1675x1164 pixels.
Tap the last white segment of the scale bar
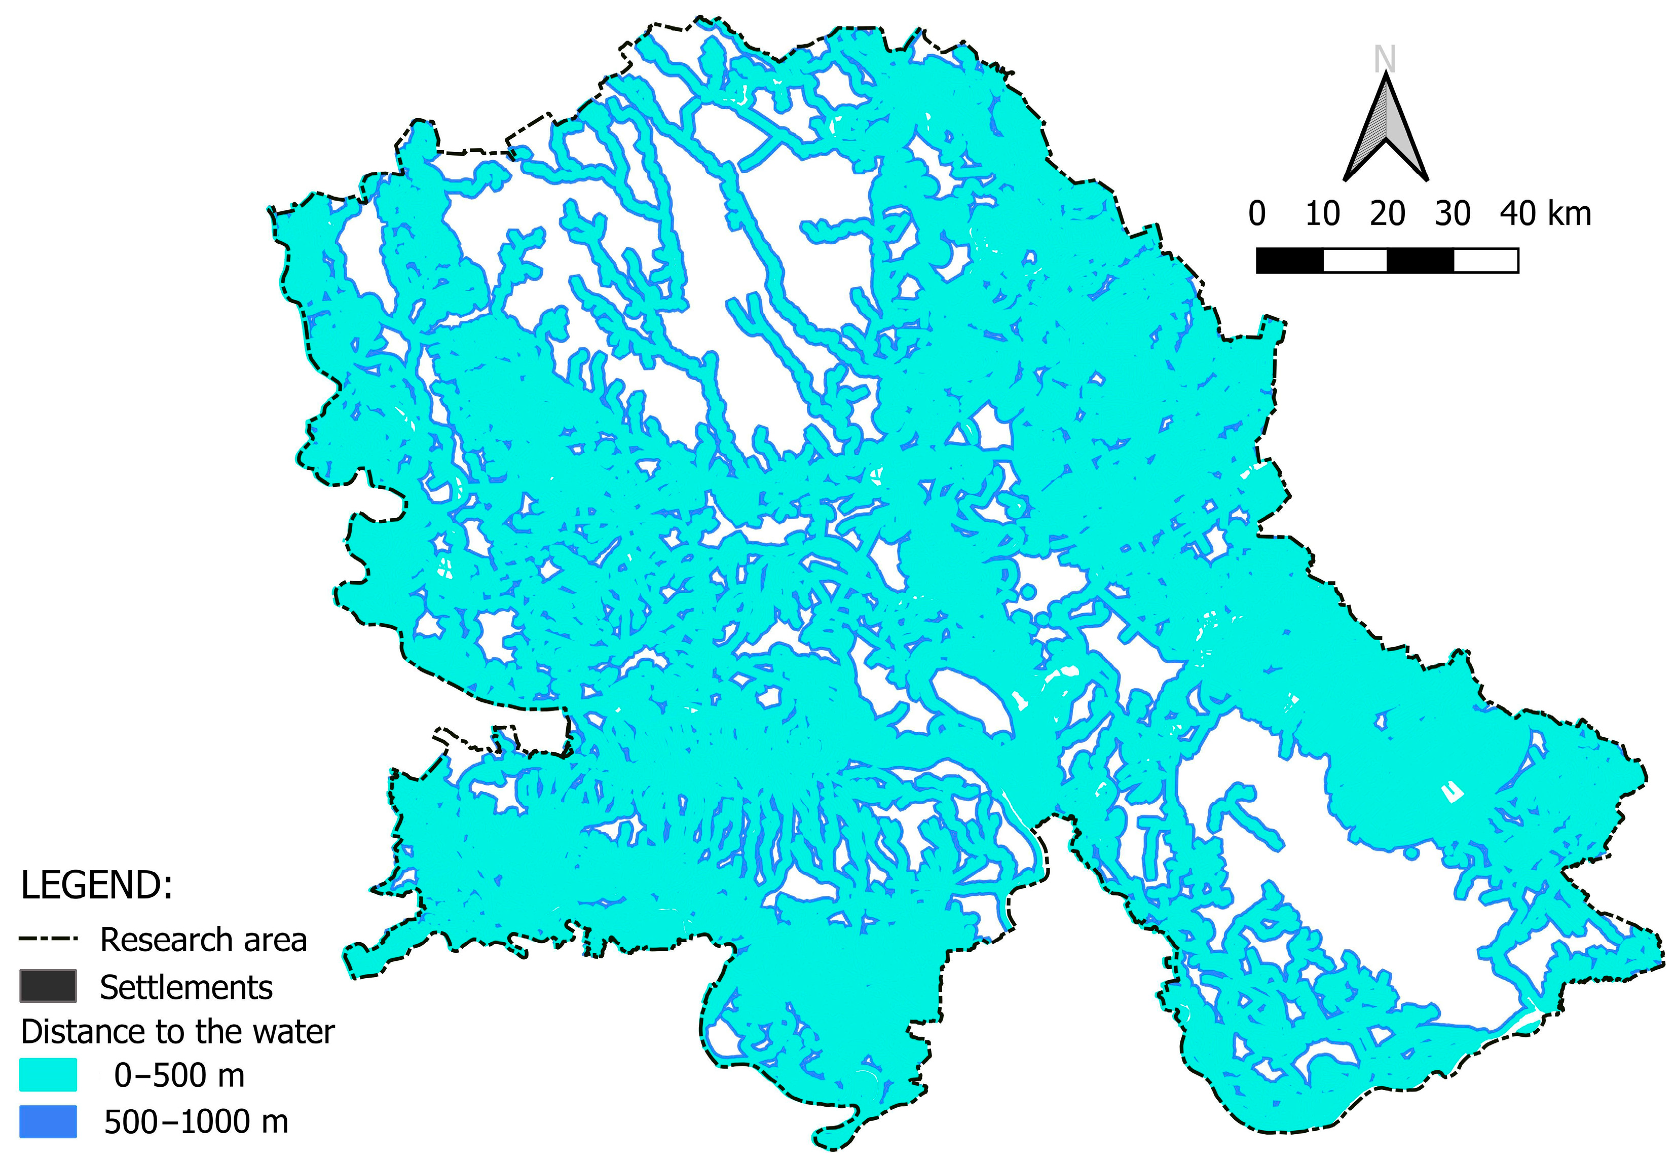pyautogui.click(x=1485, y=260)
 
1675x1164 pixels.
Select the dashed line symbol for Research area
pyautogui.click(x=48, y=940)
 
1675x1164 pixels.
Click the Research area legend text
pyautogui.click(x=203, y=940)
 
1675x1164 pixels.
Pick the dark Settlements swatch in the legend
pyautogui.click(x=48, y=986)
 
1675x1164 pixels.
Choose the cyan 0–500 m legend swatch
pyautogui.click(x=48, y=1075)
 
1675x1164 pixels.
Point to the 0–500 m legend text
pyautogui.click(x=179, y=1076)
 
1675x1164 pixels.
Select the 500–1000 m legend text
pyautogui.click(x=196, y=1122)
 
